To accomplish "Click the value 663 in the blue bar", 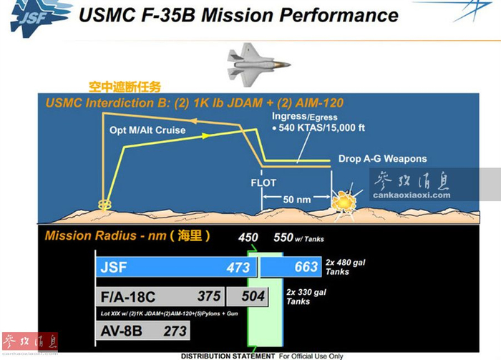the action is [x=306, y=268].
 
